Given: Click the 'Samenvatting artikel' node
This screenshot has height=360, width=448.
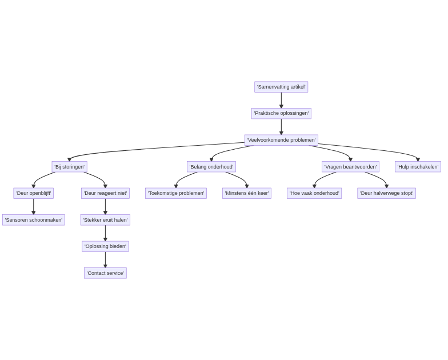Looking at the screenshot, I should point(281,87).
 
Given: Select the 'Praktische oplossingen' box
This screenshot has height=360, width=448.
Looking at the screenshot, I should point(281,114).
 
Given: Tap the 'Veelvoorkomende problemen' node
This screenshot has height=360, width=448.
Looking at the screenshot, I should point(281,140).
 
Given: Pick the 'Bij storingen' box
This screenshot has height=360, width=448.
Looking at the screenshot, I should point(69,167).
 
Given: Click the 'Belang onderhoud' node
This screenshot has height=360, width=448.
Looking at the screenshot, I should point(211,167).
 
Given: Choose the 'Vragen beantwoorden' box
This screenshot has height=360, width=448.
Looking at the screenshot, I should point(350,167).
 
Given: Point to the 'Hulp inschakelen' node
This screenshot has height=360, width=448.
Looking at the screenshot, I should point(418,167).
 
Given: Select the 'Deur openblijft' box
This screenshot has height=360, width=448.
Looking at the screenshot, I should point(34,193).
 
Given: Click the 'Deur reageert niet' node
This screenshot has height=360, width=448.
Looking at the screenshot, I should point(105,193).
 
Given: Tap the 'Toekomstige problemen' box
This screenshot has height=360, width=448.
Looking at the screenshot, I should point(176,193).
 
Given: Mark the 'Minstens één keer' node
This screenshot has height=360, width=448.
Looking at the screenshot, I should point(247,193).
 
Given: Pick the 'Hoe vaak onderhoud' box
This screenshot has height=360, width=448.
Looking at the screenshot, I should point(314,193).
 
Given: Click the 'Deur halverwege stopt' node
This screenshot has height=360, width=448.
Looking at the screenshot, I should point(386,193).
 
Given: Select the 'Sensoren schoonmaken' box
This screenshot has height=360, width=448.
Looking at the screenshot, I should point(34,220).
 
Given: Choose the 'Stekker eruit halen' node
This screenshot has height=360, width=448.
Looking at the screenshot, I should point(105,220).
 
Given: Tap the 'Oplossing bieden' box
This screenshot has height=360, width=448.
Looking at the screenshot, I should point(105,246).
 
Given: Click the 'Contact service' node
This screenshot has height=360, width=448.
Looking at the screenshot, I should point(105,273).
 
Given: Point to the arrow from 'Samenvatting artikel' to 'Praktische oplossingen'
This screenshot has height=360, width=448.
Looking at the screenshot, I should point(281,100).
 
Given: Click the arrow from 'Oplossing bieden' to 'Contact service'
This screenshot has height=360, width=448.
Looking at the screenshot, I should point(105,259).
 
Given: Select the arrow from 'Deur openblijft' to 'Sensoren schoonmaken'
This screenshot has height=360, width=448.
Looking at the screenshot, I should point(34,206).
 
